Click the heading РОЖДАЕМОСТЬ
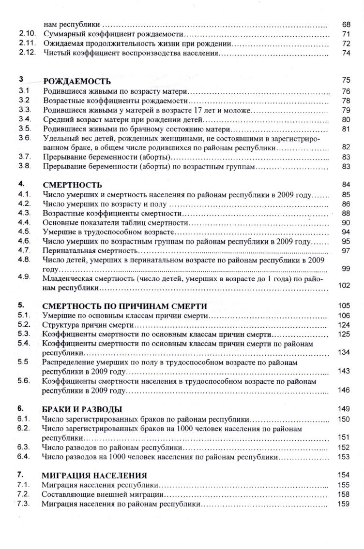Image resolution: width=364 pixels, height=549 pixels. tap(77, 81)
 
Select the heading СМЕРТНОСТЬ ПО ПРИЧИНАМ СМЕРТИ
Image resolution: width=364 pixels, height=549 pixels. tap(125, 306)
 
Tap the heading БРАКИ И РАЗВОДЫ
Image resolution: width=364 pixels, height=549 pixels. tap(82, 409)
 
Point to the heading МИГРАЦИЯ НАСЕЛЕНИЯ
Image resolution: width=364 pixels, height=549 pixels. tap(94, 475)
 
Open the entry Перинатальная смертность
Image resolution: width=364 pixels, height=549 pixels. tap(91, 251)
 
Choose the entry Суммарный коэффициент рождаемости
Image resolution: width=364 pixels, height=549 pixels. tap(113, 34)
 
